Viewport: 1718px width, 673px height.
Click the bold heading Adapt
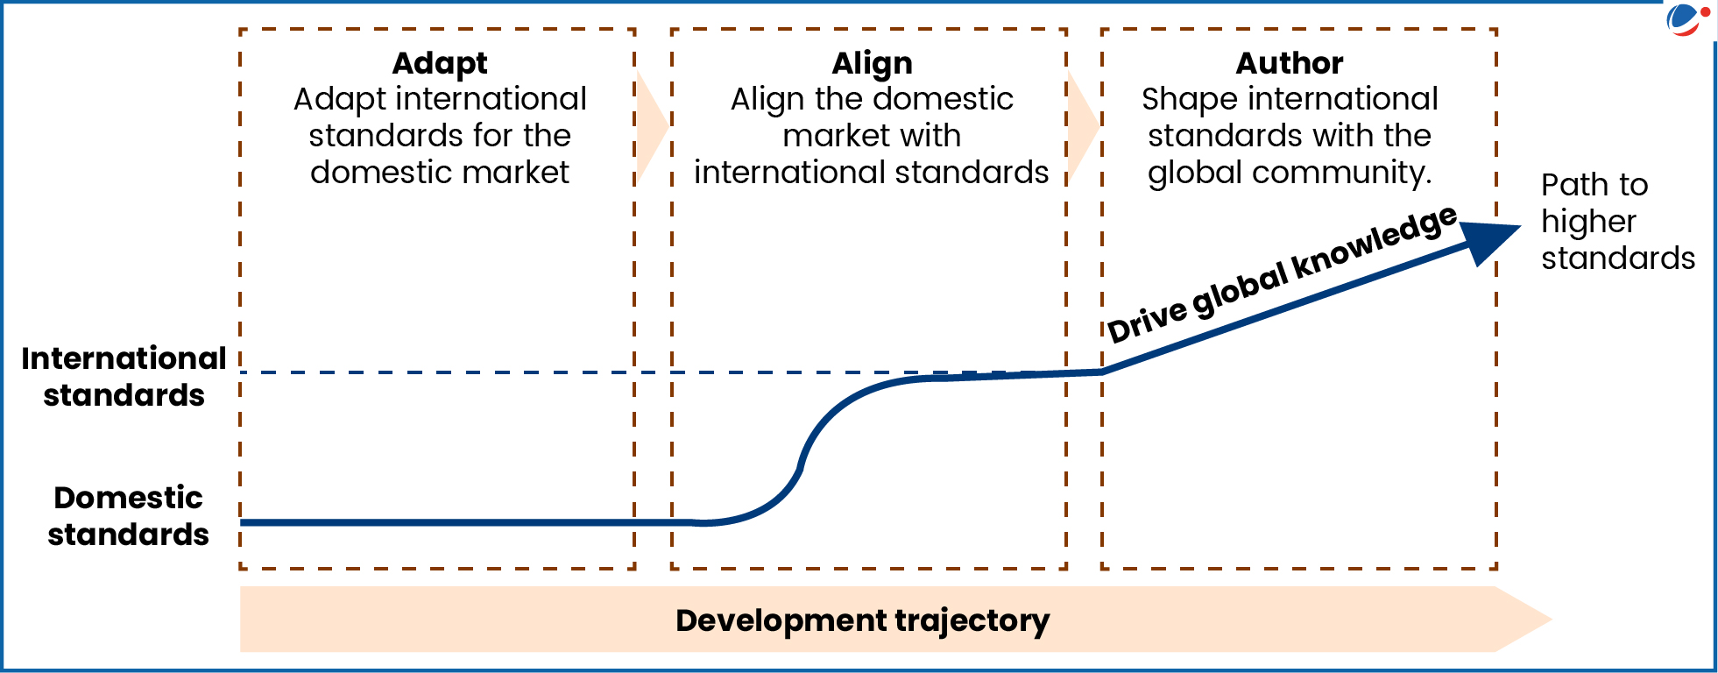(440, 64)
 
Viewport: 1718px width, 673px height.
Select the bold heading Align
(872, 64)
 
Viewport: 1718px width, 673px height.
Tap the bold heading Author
(1290, 64)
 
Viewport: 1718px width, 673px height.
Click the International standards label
(124, 377)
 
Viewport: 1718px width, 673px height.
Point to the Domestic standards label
(128, 515)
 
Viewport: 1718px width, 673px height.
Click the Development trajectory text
(862, 620)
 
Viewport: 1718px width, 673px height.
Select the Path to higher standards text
(1617, 222)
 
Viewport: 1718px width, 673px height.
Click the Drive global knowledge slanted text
(1281, 274)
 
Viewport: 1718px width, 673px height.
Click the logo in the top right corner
(1687, 20)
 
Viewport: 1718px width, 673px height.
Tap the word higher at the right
(1588, 222)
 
